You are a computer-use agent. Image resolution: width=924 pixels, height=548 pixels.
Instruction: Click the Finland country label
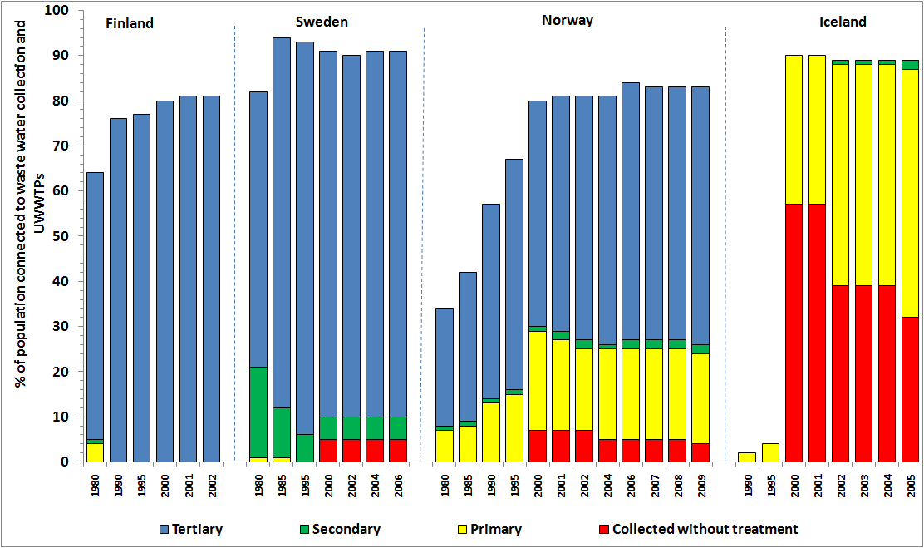pyautogui.click(x=130, y=23)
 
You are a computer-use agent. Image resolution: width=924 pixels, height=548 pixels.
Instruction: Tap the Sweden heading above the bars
pyautogui.click(x=322, y=22)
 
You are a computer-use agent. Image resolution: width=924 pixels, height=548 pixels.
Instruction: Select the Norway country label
pyautogui.click(x=567, y=21)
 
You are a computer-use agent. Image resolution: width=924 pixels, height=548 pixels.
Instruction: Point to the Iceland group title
pyautogui.click(x=843, y=22)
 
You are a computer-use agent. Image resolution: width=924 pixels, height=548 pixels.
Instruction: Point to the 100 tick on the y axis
pyautogui.click(x=61, y=11)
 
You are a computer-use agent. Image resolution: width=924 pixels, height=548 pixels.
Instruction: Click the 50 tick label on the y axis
pyautogui.click(x=65, y=236)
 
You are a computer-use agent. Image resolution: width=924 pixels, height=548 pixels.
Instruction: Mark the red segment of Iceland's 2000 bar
pyautogui.click(x=794, y=333)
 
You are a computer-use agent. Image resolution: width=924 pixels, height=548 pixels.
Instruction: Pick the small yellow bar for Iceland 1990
pyautogui.click(x=747, y=457)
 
